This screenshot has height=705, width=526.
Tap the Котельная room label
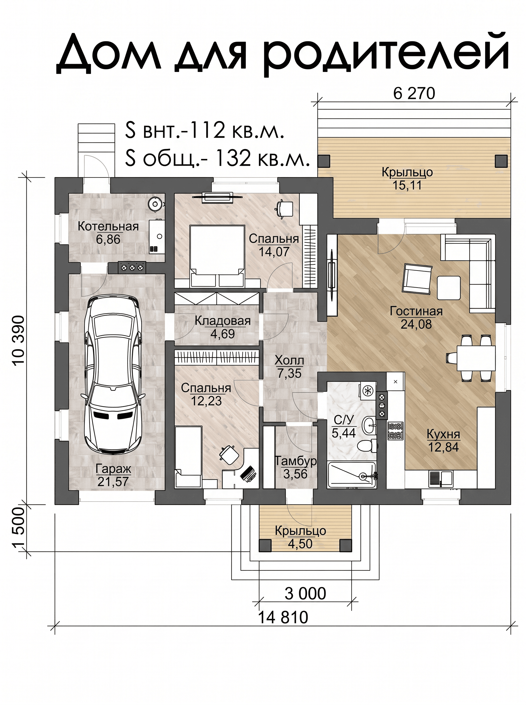108,226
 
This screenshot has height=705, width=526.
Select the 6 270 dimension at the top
414,94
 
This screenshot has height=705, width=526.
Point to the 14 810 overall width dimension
283,617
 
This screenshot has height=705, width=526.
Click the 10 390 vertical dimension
18,340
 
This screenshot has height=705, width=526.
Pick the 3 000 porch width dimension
305,593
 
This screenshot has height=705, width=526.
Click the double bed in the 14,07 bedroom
217,256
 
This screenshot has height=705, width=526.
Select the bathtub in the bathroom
352,475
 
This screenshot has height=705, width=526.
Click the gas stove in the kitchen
395,431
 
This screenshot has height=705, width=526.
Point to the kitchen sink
440,479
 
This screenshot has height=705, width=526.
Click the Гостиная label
416,311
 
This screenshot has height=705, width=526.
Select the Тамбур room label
296,461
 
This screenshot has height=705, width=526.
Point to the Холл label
289,360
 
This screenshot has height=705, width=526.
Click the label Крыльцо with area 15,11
407,172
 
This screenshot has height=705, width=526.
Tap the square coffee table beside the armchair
449,288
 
